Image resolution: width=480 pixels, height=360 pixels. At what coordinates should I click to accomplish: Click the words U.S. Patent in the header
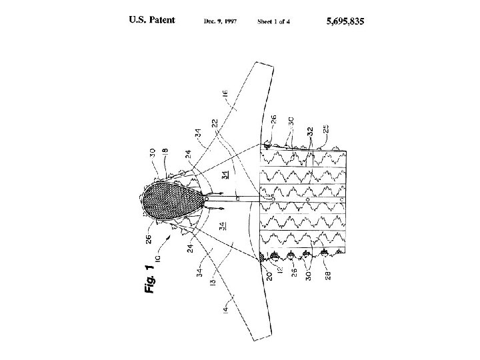tap(152, 21)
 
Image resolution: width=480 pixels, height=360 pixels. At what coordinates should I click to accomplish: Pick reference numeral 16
tap(224, 99)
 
